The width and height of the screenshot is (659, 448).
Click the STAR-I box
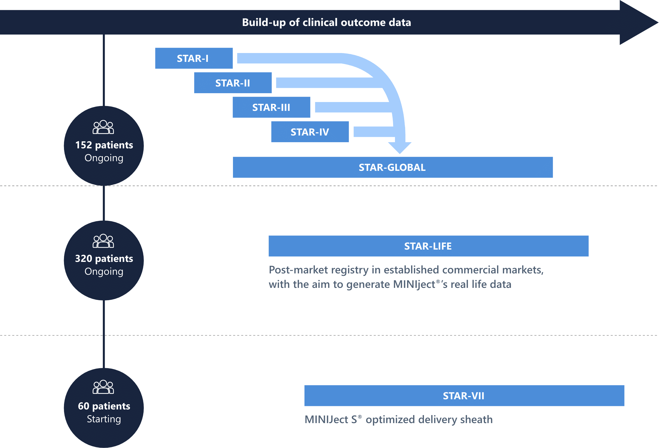(194, 58)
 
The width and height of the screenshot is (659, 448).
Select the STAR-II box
(233, 83)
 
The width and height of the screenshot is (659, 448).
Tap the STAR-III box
(271, 107)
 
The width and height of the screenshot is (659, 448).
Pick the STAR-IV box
(310, 132)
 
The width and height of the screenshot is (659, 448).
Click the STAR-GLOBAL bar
(393, 167)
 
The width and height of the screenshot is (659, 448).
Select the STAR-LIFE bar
(428, 246)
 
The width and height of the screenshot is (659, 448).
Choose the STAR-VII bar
(464, 396)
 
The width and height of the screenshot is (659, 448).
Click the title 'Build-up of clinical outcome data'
(326, 22)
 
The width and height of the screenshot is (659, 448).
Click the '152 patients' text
(104, 145)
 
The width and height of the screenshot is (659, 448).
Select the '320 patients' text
(104, 259)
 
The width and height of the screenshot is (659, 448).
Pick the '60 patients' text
(104, 406)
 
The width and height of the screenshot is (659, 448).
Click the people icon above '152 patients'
(103, 127)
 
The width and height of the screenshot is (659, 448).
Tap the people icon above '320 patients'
(103, 241)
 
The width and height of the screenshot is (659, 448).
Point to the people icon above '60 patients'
(103, 387)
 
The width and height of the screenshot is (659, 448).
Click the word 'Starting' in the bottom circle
(104, 419)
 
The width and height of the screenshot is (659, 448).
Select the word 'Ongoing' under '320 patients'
(104, 272)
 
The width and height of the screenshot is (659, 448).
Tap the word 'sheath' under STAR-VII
(476, 419)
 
